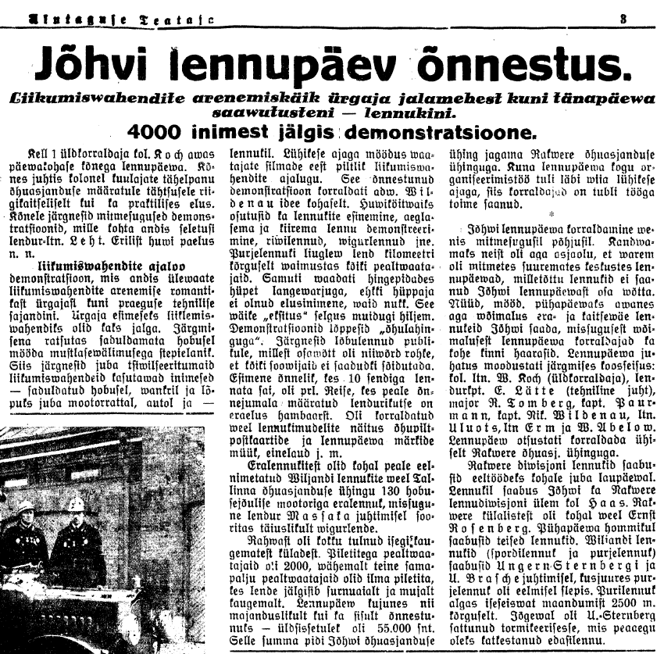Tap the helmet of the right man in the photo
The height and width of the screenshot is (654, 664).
76,503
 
